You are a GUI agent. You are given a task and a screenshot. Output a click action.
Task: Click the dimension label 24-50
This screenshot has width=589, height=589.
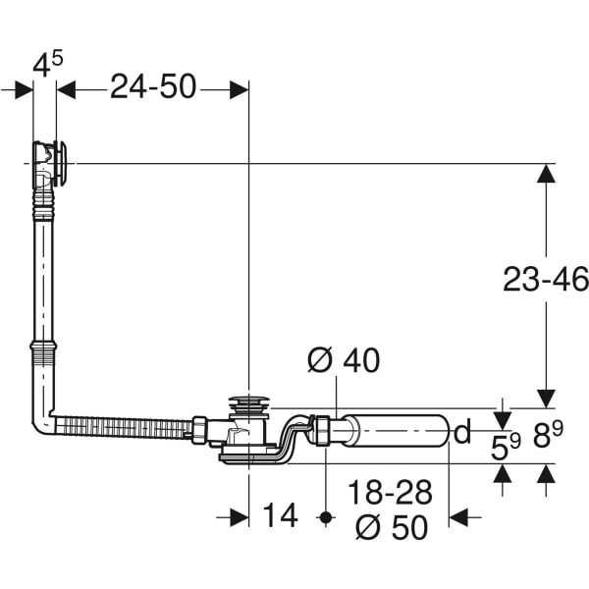(x=152, y=87)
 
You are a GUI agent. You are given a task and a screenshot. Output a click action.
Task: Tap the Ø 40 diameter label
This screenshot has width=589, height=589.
(x=343, y=361)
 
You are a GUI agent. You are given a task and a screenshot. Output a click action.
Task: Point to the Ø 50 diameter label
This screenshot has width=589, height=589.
(x=393, y=527)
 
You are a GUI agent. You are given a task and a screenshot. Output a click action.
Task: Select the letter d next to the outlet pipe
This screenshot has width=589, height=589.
(x=462, y=431)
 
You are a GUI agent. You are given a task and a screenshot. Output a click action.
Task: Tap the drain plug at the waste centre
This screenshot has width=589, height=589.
(x=249, y=403)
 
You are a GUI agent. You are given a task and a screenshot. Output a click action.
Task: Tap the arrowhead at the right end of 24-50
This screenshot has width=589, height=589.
(x=239, y=88)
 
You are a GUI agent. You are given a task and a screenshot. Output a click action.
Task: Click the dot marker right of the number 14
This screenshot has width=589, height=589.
(x=325, y=516)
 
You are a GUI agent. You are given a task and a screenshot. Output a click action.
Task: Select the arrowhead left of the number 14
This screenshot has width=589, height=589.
(x=239, y=516)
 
